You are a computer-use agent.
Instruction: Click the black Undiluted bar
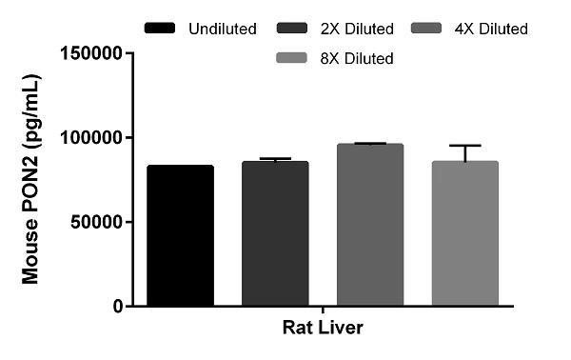pos(180,235)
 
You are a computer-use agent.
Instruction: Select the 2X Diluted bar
pos(275,233)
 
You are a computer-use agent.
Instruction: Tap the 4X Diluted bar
pos(369,225)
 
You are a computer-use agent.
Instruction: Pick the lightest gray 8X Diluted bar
pos(464,233)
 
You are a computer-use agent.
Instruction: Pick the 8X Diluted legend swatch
pos(297,58)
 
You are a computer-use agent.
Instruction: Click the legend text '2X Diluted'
pos(361,29)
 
